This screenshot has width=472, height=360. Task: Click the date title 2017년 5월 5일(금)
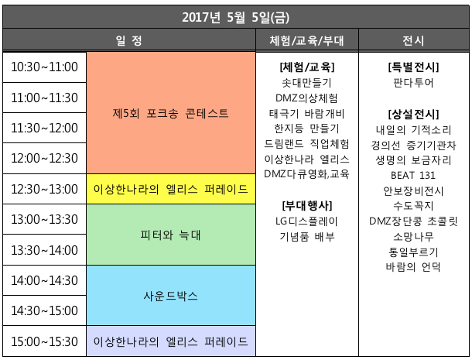point(235,17)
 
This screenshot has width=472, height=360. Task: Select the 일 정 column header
point(129,40)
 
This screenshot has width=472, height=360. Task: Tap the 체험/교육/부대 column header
point(306,40)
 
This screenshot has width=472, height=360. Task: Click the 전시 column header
point(414,40)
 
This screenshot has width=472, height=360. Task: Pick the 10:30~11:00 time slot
point(45,67)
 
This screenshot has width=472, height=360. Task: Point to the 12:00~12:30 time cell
point(45,158)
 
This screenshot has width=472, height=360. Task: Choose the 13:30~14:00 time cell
point(45,250)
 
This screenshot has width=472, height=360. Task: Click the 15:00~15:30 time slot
point(45,341)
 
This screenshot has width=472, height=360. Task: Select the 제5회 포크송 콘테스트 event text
point(171,114)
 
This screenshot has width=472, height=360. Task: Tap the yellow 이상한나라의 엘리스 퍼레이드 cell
point(171,189)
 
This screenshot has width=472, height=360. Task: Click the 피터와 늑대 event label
point(171,235)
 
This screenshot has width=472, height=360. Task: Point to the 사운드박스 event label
point(171,296)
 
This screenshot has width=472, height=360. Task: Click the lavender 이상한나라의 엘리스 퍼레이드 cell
point(171,341)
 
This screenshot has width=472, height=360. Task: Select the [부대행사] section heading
point(307,206)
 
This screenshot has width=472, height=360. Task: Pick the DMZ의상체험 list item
point(306,98)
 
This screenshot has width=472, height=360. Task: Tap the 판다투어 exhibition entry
point(414,83)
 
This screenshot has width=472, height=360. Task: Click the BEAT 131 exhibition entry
point(413,175)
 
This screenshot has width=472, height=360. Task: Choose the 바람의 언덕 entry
point(413,267)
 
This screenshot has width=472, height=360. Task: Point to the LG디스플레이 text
point(306,221)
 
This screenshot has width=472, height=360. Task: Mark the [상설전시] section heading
point(414,114)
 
